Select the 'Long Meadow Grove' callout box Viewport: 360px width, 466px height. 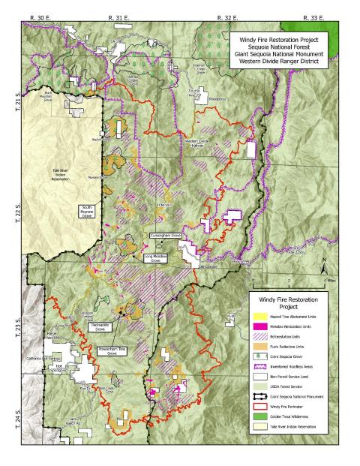[x=157, y=257]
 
